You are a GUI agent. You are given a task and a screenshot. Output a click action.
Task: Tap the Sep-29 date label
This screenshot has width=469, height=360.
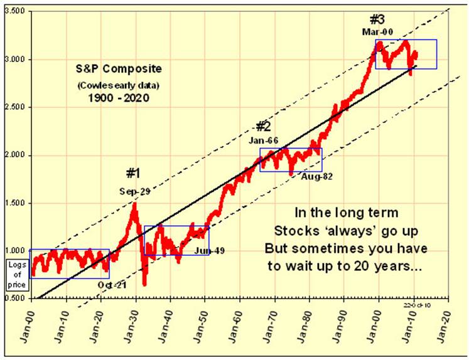pyautogui.click(x=135, y=191)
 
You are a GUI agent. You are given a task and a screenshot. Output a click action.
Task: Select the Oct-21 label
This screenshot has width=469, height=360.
pyautogui.click(x=112, y=284)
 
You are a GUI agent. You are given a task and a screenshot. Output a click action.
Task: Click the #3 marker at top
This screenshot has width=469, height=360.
pyautogui.click(x=377, y=18)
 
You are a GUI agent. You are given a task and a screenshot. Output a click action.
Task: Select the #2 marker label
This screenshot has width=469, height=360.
pyautogui.click(x=263, y=126)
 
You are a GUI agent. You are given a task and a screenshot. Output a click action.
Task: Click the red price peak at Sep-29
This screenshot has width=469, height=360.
pyautogui.click(x=134, y=204)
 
